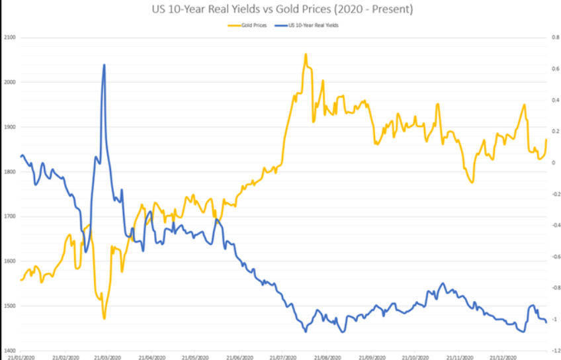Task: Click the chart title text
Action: click(280, 10)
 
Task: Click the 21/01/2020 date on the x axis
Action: click(22, 357)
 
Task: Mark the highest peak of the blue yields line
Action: click(105, 65)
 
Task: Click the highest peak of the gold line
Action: click(305, 54)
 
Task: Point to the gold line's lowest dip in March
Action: click(104, 318)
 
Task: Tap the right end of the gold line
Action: click(546, 139)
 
